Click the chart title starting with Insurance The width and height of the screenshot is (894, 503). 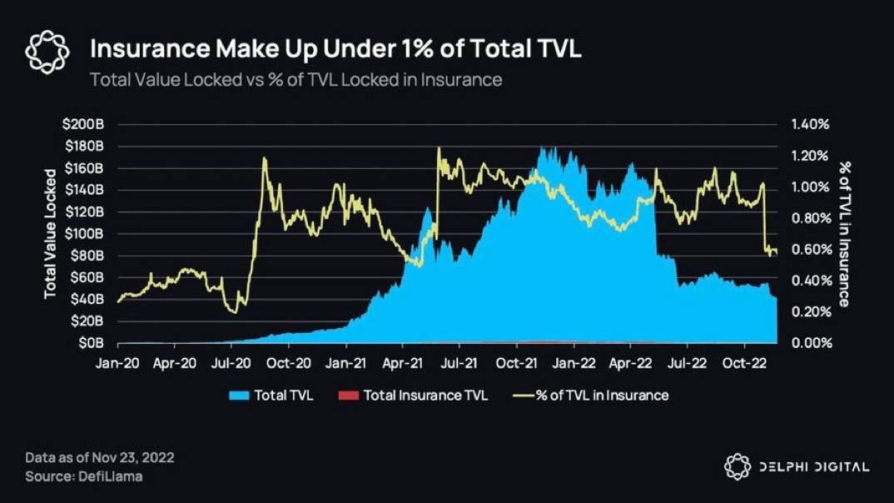click(x=335, y=48)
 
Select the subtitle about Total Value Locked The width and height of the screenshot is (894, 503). click(x=296, y=80)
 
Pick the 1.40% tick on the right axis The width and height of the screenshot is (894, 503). click(x=810, y=124)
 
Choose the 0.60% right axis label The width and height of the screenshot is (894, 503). click(x=810, y=249)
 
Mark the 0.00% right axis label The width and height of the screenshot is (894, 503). click(x=810, y=342)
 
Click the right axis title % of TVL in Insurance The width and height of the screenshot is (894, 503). click(x=843, y=233)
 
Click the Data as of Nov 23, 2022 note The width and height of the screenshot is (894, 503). click(x=99, y=458)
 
